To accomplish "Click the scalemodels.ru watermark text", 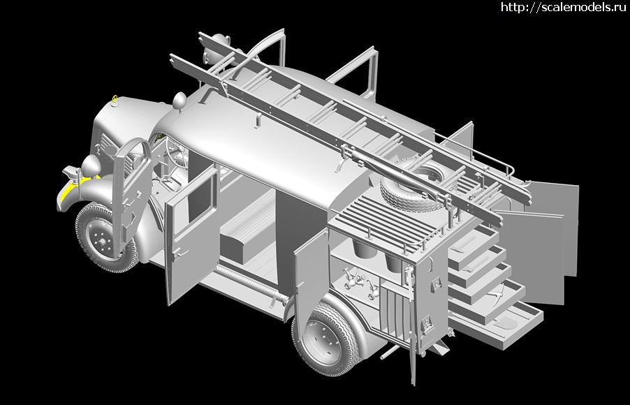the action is tap(564, 7).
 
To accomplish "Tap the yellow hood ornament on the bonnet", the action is tap(115, 99).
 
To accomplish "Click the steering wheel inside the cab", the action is tap(173, 153).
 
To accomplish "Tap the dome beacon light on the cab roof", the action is tap(180, 100).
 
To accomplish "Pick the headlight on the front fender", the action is tap(91, 165).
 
